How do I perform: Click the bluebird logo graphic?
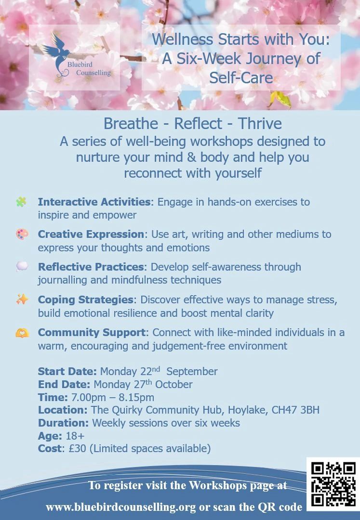pyautogui.click(x=56, y=53)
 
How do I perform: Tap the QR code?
pyautogui.click(x=333, y=484)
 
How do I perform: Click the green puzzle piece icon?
pyautogui.click(x=21, y=202)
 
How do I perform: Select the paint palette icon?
pyautogui.click(x=22, y=234)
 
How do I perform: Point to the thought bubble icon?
pyautogui.click(x=22, y=266)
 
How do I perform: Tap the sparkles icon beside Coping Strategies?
pyautogui.click(x=22, y=299)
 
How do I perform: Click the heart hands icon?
pyautogui.click(x=22, y=332)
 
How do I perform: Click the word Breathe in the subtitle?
pyautogui.click(x=131, y=123)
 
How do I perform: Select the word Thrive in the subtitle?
pyautogui.click(x=260, y=123)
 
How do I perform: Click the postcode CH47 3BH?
pyautogui.click(x=295, y=410)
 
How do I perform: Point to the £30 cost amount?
pyautogui.click(x=77, y=448)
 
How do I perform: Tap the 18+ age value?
pyautogui.click(x=75, y=436)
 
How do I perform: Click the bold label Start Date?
pyautogui.click(x=67, y=371)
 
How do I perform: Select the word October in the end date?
pyautogui.click(x=174, y=384)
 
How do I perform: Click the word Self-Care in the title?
pyautogui.click(x=241, y=78)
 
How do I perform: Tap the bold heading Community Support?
pyautogui.click(x=92, y=332)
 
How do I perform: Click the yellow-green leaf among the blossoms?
pyautogui.click(x=280, y=99)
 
